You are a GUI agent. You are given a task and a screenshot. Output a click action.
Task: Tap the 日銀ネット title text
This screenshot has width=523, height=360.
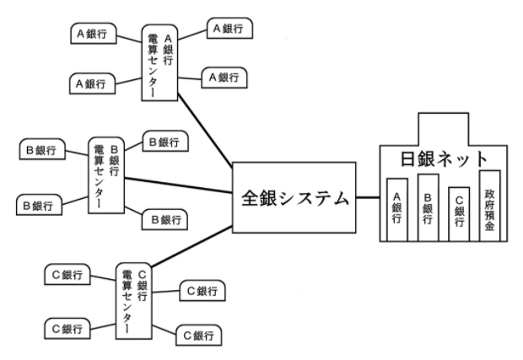coord(444,159)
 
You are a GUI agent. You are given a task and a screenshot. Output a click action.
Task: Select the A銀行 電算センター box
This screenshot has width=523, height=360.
coord(160,61)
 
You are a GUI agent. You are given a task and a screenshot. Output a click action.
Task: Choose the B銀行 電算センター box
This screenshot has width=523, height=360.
coord(107,173)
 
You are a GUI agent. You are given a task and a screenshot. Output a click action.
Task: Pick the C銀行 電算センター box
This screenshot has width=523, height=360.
coord(133,298)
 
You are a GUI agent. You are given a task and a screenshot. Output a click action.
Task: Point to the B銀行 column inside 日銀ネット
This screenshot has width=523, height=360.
coord(428,205)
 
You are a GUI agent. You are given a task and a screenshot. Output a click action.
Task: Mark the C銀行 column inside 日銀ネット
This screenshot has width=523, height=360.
coord(458,212)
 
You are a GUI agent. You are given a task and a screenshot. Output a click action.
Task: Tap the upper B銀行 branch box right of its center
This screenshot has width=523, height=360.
coord(164,141)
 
